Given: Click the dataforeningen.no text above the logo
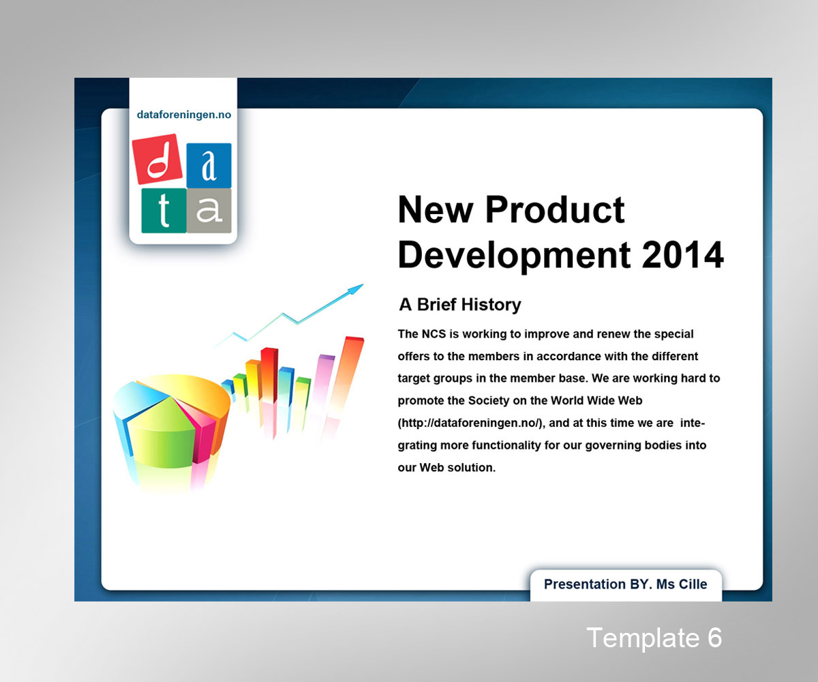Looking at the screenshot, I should click(183, 115).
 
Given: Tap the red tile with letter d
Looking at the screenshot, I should click(157, 159).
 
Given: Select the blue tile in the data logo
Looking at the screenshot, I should click(209, 164).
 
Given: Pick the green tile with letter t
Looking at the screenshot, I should click(164, 211).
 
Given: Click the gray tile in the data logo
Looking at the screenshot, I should click(209, 211).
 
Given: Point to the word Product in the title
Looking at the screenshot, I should click(555, 209).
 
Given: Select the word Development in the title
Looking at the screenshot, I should click(514, 255).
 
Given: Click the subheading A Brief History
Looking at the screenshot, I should click(460, 305).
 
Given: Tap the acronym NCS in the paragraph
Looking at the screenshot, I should click(434, 334).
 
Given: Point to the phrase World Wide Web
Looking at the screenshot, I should click(596, 400).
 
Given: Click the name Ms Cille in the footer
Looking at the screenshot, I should click(682, 584).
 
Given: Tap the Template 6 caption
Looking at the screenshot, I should click(654, 638).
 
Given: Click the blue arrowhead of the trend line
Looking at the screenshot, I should click(355, 289).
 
